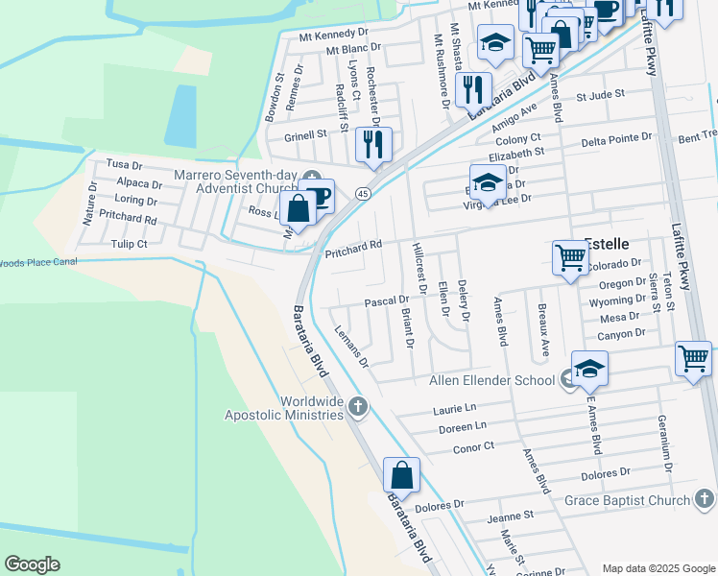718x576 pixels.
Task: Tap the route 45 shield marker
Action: [363, 193]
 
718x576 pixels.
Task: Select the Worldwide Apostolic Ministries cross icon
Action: [358, 405]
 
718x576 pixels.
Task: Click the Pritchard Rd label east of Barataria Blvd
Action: [353, 249]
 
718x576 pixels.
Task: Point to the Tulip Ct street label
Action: [129, 244]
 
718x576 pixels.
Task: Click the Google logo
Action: [33, 564]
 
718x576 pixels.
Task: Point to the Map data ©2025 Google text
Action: [658, 568]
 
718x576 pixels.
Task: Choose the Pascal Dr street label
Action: [387, 302]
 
